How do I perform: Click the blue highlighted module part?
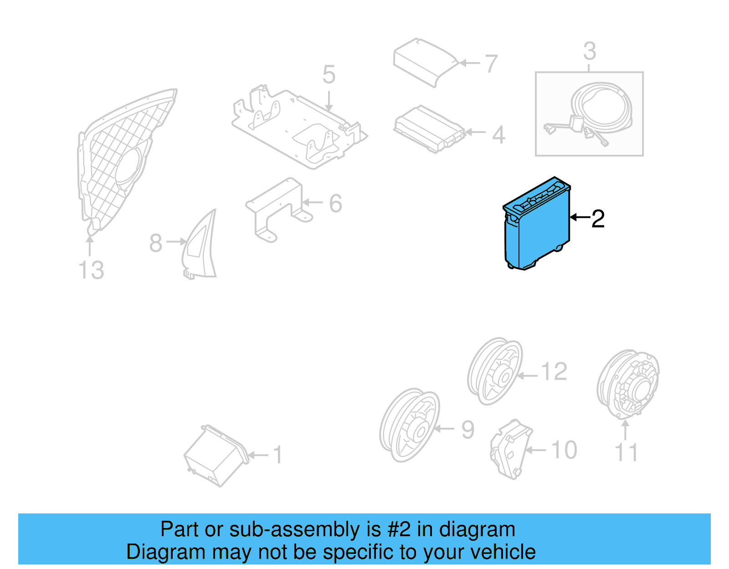[538, 228]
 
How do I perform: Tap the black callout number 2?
[598, 219]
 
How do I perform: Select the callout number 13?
[91, 270]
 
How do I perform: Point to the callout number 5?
[329, 75]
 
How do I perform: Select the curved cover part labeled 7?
[424, 62]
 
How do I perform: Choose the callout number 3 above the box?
[589, 51]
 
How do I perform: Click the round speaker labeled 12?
[495, 371]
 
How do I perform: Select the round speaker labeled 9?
[409, 425]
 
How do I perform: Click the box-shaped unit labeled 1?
[216, 456]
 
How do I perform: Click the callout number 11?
[626, 452]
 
